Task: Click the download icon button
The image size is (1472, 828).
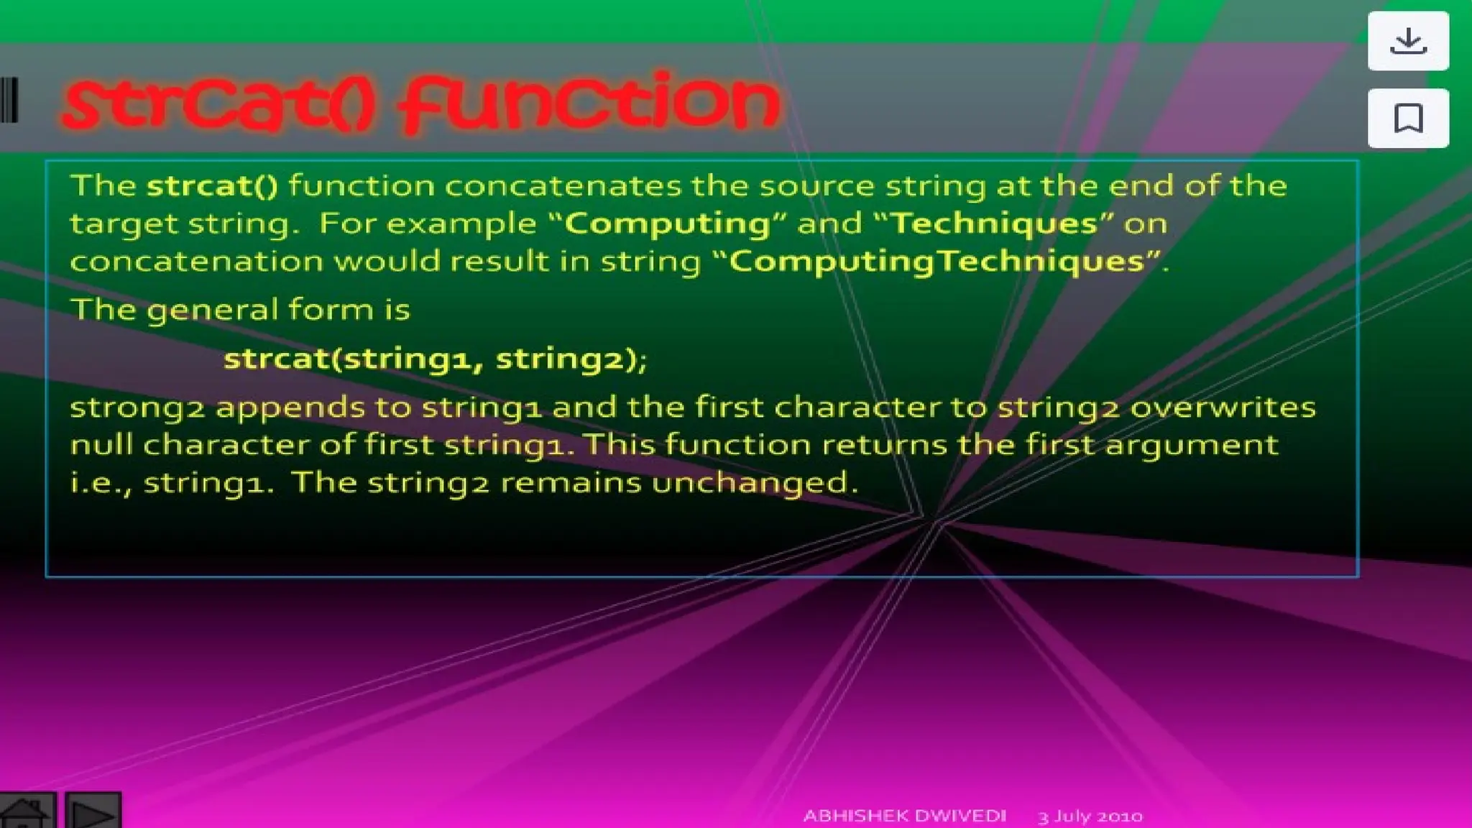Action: tap(1407, 41)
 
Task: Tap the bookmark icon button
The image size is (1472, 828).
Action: tap(1407, 118)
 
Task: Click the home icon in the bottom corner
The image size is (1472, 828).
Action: tap(26, 812)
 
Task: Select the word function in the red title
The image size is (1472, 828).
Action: tap(589, 104)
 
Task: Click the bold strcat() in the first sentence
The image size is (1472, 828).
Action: tap(212, 186)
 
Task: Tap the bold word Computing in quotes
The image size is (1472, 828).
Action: tap(668, 224)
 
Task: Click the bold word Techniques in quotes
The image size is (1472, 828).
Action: tap(994, 224)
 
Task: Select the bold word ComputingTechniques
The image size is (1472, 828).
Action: tap(937, 262)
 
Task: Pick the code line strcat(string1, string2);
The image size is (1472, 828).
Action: tap(435, 359)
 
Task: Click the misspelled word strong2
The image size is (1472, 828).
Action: tap(137, 408)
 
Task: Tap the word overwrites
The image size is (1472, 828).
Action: tap(1223, 408)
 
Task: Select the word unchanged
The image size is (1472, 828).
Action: tap(750, 482)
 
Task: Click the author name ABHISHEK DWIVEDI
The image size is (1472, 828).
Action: tap(904, 816)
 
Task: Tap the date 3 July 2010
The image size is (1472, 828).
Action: tap(1090, 816)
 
